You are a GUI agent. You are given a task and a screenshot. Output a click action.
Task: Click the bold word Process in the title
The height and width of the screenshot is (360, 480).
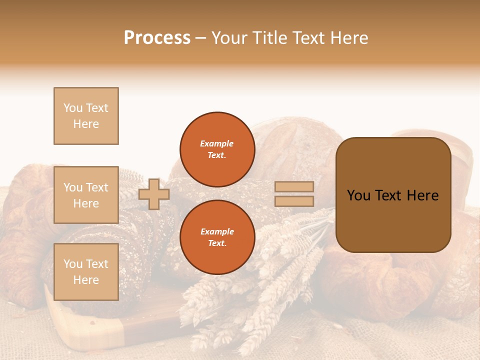[x=157, y=38]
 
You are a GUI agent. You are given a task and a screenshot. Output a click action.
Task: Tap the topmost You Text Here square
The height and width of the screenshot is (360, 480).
[x=86, y=116]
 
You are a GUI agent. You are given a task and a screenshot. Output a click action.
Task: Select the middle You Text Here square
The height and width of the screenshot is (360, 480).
[x=86, y=195]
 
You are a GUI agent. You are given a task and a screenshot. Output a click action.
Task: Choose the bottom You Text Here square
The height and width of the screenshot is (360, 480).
[x=86, y=272]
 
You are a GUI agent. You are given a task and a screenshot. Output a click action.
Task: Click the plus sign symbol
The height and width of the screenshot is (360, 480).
[x=154, y=194]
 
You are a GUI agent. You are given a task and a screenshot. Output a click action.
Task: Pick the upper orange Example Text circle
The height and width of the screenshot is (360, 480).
[x=217, y=149]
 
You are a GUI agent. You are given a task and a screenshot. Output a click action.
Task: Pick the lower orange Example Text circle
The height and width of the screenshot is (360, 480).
[x=217, y=237]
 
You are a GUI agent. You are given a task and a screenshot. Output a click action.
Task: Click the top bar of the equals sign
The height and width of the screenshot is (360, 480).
[x=294, y=187]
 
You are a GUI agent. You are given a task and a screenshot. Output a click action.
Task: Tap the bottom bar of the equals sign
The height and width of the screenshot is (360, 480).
[x=294, y=201]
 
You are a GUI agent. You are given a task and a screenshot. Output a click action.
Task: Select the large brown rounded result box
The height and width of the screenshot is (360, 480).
[x=393, y=195]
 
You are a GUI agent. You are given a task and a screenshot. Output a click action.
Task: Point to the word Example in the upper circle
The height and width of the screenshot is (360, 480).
[x=217, y=143]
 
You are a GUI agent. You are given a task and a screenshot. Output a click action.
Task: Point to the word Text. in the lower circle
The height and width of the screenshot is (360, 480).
[x=217, y=243]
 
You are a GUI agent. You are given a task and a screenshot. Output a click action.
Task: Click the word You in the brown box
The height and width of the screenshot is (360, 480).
[x=358, y=195]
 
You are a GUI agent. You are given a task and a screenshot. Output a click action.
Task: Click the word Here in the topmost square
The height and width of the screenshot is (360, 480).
[x=86, y=124]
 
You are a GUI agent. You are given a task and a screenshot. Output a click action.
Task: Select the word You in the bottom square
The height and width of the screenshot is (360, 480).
[x=73, y=264]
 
